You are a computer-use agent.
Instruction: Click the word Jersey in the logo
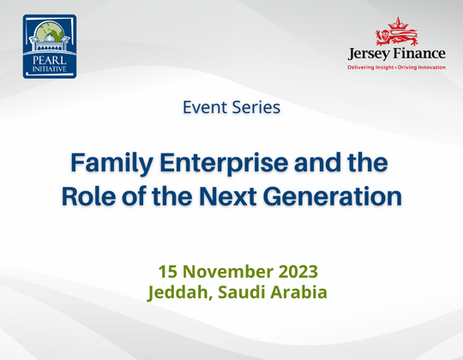pyautogui.click(x=370, y=54)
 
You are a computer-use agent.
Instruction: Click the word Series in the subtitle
pyautogui.click(x=256, y=108)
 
